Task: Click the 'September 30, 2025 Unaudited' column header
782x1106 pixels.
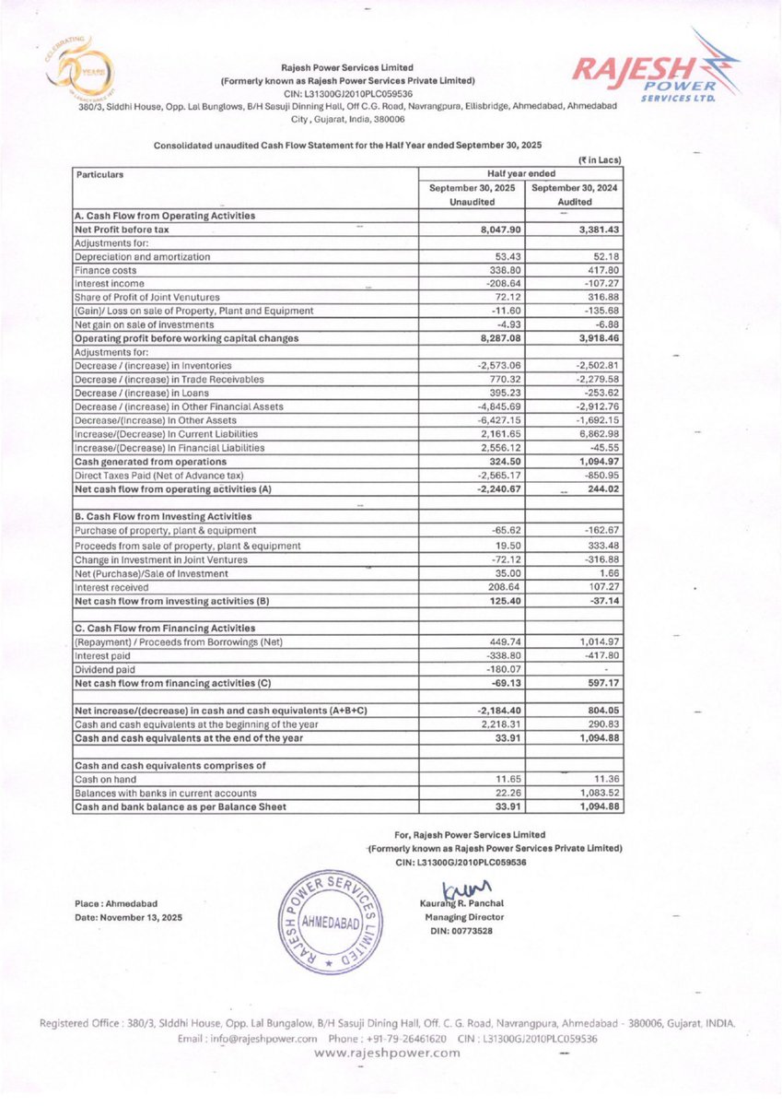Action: click(471, 194)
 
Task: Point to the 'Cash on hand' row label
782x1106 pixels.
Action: click(102, 779)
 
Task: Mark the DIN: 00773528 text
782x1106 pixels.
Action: click(451, 931)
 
